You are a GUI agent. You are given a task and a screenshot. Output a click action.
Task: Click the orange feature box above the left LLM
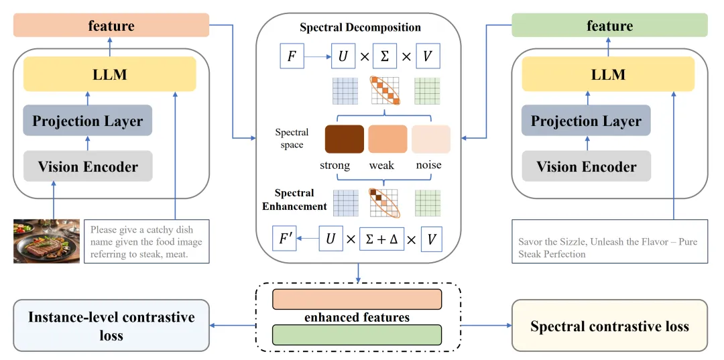111,27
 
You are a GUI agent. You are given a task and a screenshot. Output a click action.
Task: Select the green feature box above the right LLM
609,27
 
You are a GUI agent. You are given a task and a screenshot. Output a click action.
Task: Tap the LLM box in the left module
110,74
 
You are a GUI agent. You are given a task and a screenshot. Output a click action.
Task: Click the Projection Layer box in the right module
586,121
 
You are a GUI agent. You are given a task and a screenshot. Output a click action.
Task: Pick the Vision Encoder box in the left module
88,166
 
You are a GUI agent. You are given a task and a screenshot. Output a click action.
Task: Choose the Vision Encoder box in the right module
586,166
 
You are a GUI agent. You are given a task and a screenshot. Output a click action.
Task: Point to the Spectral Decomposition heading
360,27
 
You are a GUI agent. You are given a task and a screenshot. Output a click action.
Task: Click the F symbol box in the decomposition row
292,56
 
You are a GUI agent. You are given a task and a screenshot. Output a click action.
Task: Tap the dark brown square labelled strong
344,139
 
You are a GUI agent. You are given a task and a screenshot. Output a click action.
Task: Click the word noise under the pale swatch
430,165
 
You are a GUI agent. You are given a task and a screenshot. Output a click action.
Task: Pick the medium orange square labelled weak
387,139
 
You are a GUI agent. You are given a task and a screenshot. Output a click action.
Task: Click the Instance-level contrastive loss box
111,326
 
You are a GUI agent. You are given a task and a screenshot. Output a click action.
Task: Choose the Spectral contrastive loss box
609,326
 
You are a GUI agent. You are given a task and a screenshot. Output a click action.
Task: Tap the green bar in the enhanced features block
357,334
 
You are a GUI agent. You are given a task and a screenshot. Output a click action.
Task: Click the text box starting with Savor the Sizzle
609,248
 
